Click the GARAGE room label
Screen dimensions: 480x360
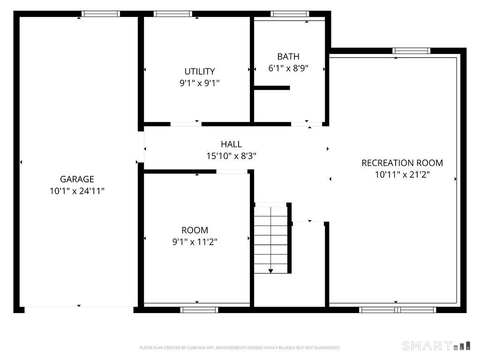coord(77,179)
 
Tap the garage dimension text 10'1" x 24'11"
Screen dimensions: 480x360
coord(77,191)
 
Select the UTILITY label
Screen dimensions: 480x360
coord(200,71)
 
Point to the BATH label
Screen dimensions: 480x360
coord(288,57)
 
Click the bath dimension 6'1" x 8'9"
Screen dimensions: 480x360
coord(288,68)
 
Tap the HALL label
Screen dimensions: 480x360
coord(232,144)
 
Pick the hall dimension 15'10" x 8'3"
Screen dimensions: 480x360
coord(232,156)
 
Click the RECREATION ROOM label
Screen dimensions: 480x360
coord(402,163)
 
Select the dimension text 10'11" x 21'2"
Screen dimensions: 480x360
coord(402,175)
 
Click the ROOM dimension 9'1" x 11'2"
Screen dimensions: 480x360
coord(195,242)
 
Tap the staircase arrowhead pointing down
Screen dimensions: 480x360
coord(270,271)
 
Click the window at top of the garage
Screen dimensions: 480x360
coord(100,14)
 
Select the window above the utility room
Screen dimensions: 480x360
coord(173,14)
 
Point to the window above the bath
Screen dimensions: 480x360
coord(290,14)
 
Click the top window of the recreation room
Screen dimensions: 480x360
coord(412,51)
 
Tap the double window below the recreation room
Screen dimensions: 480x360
coord(397,310)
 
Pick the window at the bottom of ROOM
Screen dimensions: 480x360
coord(199,310)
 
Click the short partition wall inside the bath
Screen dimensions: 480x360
coord(272,88)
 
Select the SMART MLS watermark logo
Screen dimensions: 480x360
coord(436,346)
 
